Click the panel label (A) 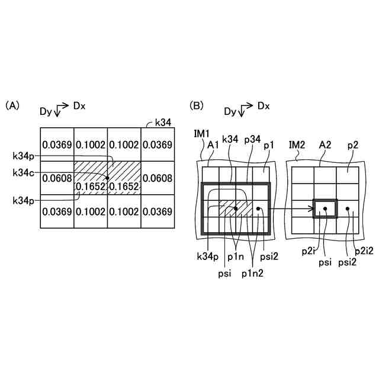(12, 106)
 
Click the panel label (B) (196, 106)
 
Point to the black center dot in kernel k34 (107, 178)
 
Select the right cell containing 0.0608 (158, 178)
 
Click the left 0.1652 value (90, 187)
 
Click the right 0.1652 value (124, 187)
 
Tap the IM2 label (297, 144)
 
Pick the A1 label (214, 144)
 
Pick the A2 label (325, 144)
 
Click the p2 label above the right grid (353, 144)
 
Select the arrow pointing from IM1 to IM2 (290, 208)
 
